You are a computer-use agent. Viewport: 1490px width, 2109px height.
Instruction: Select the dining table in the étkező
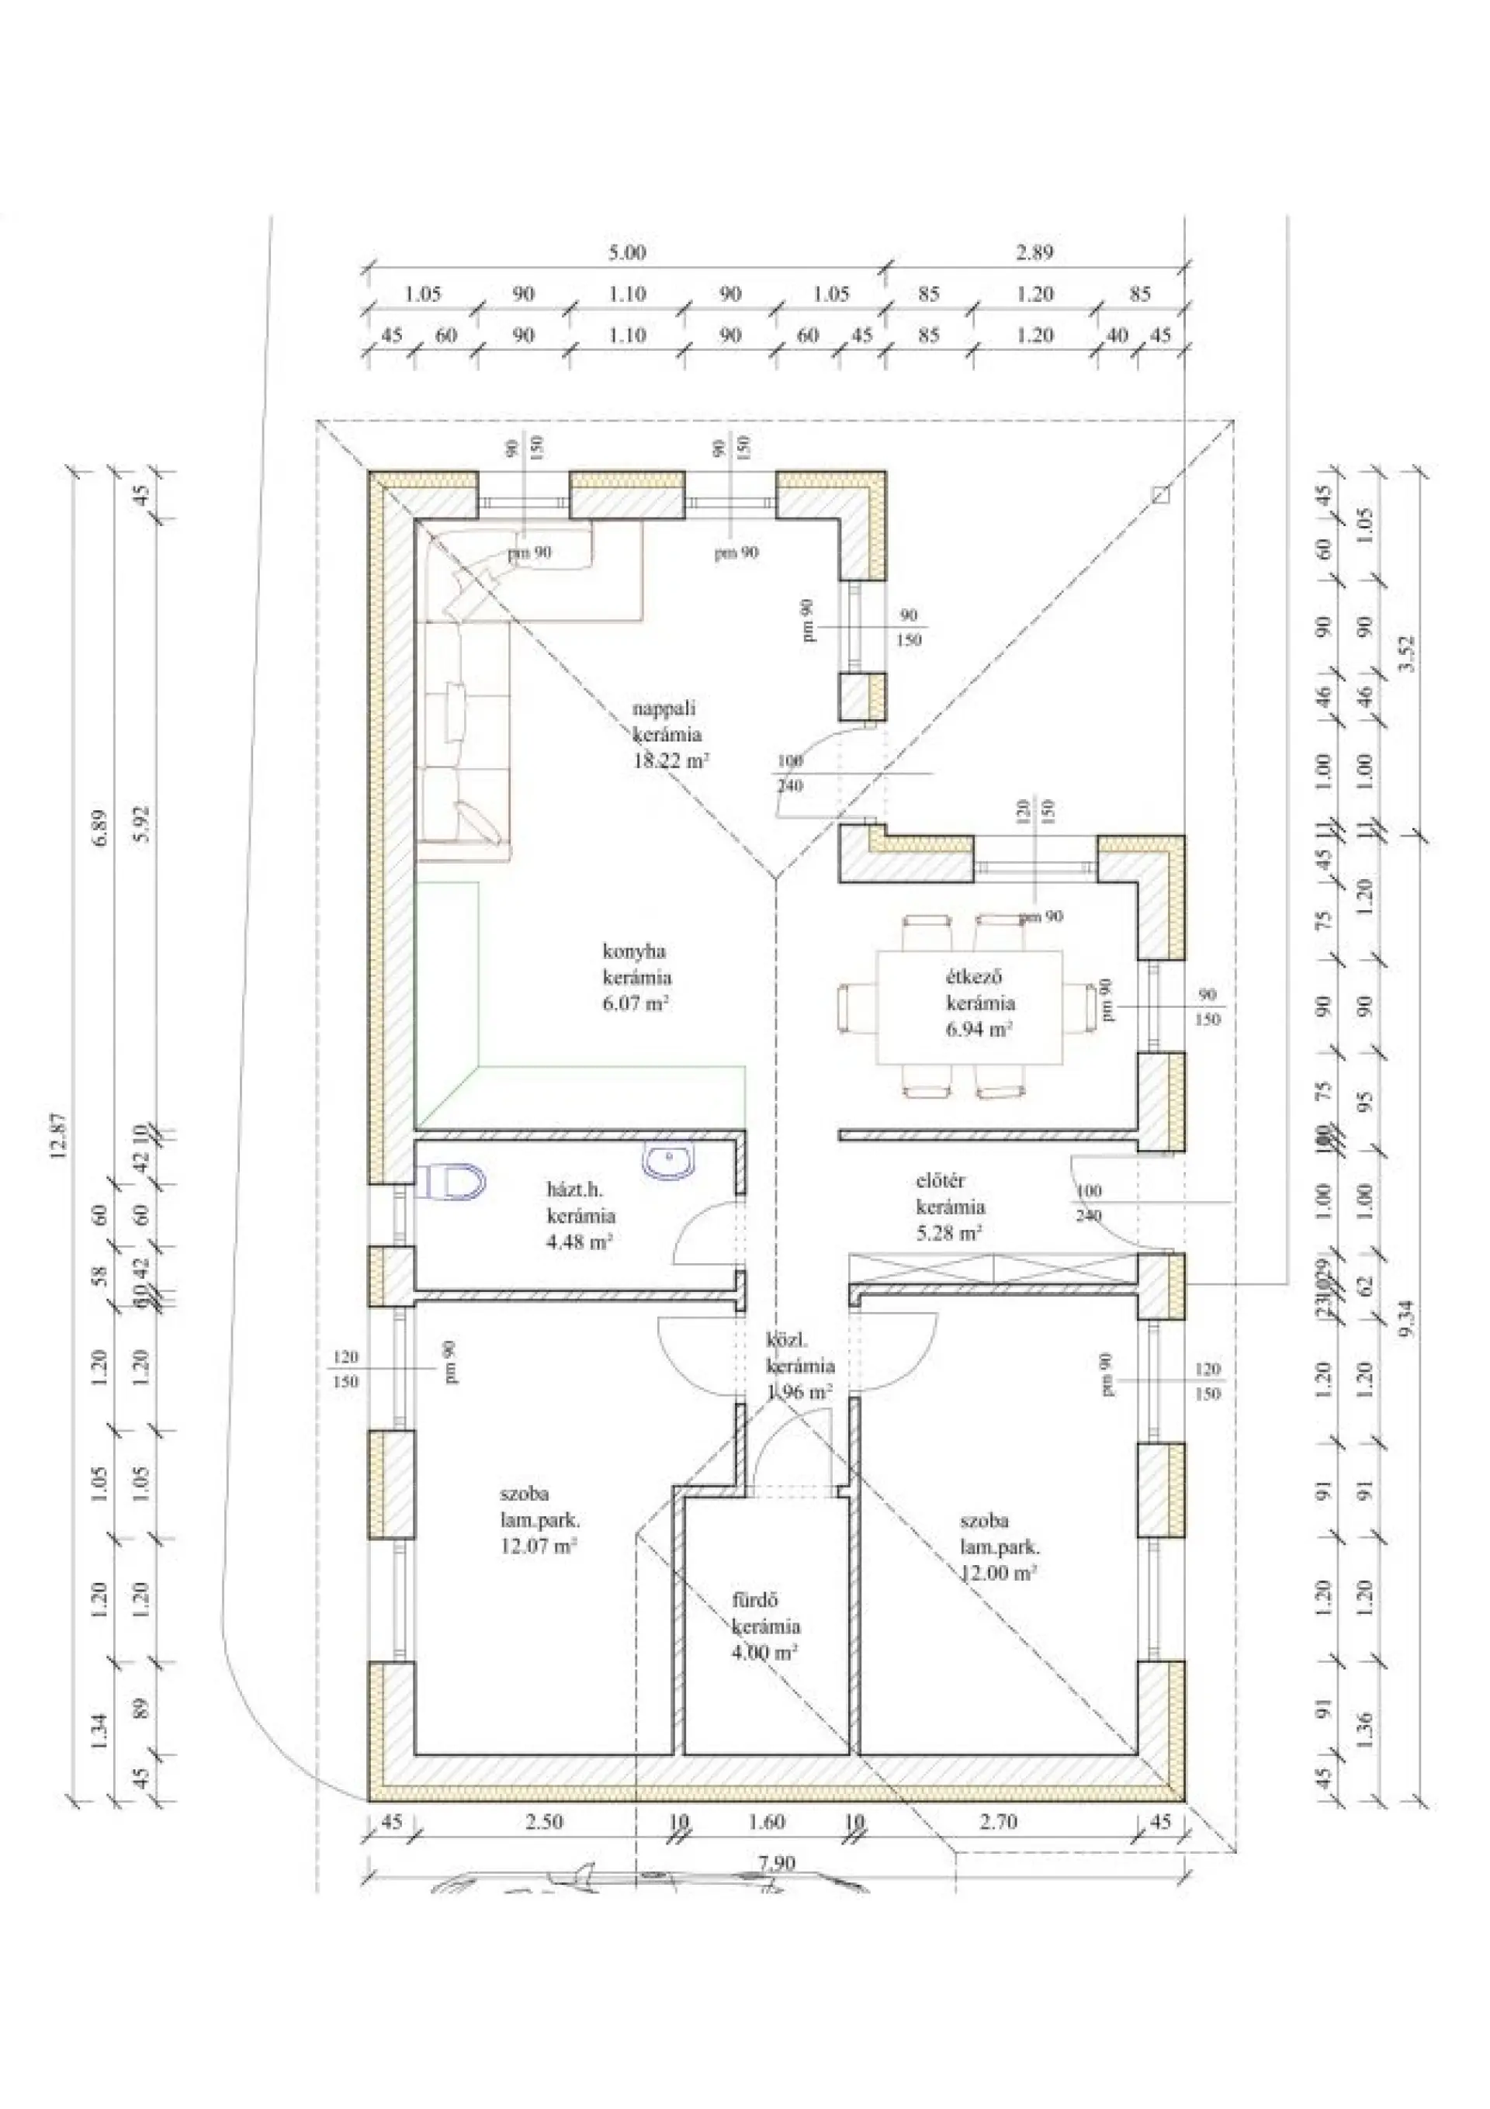[x=969, y=1008]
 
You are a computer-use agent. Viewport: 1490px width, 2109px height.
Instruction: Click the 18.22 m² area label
[x=671, y=760]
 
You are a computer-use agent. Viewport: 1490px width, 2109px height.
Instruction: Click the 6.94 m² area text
[x=979, y=1029]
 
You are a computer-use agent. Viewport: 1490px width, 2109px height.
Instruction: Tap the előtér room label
[x=940, y=1180]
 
